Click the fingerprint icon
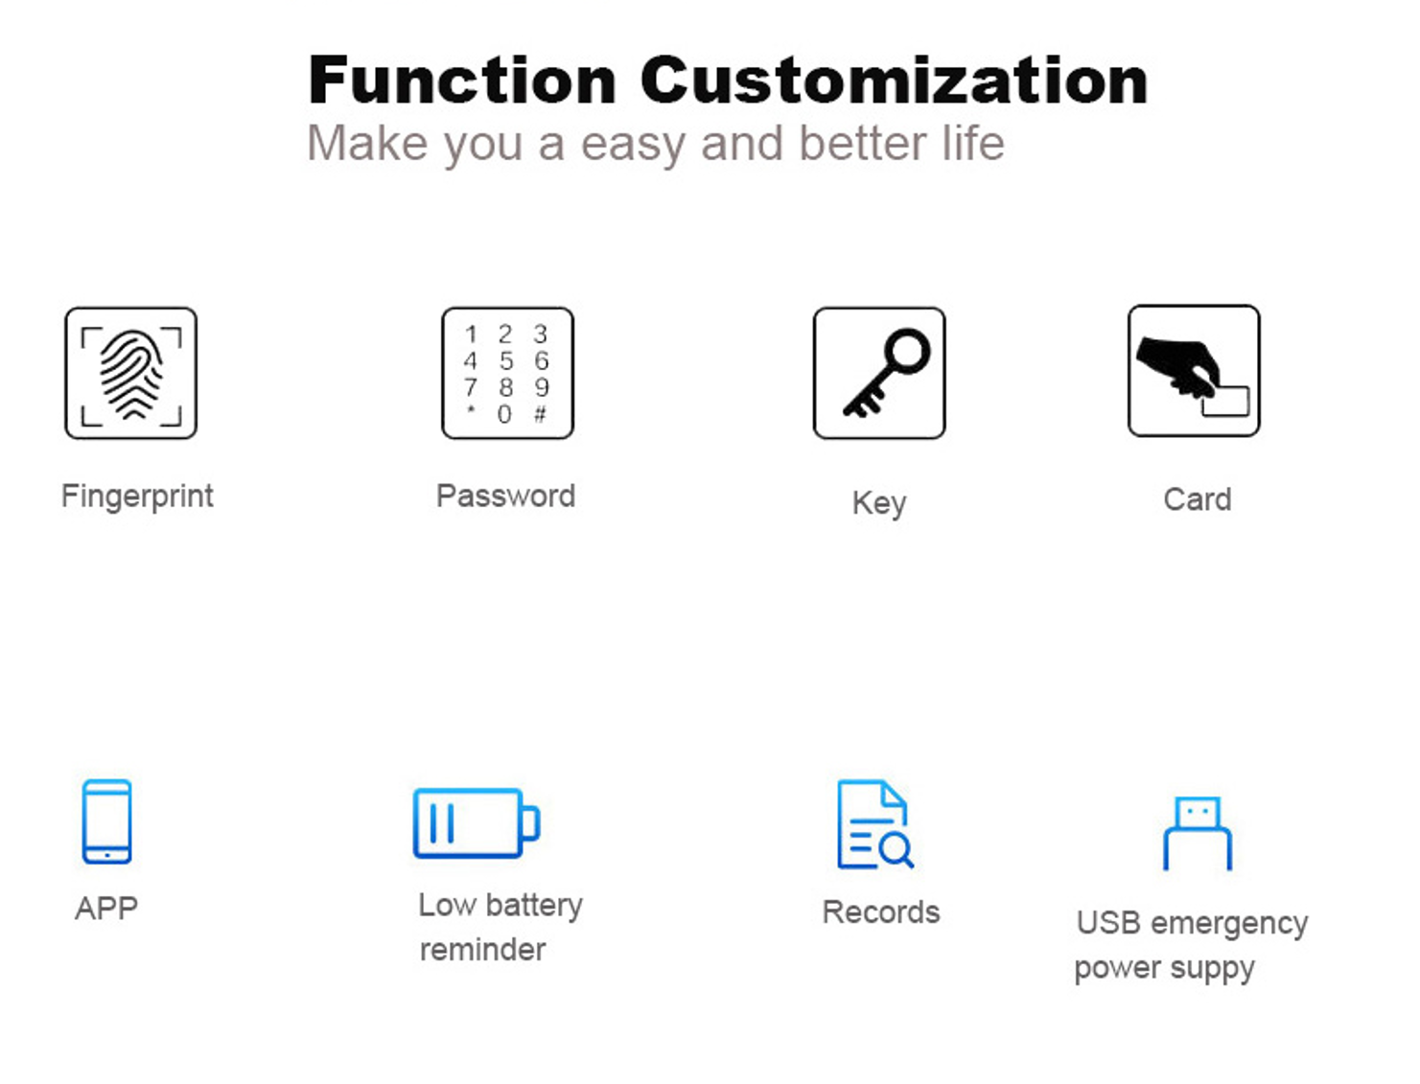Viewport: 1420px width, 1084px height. (131, 374)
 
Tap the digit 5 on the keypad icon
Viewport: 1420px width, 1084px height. (506, 360)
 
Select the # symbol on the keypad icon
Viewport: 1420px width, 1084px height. (540, 414)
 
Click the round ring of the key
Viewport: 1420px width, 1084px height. (908, 351)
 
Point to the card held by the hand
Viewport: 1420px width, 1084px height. (1225, 401)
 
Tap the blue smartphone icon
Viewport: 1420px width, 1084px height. (106, 821)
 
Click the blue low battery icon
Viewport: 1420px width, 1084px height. (477, 823)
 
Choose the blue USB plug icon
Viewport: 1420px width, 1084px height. (1198, 834)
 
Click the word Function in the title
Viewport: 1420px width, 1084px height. (462, 81)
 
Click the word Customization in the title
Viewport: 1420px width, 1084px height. (894, 81)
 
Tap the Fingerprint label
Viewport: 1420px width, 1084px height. (137, 497)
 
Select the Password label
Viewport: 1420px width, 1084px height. (506, 496)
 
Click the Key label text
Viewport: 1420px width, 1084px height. (879, 503)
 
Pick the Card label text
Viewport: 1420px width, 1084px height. (1198, 499)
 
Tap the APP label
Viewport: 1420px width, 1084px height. (106, 909)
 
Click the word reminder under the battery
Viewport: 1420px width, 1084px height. (482, 950)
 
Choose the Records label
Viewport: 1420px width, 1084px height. (881, 912)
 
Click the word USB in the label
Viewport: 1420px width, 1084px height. (1108, 923)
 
